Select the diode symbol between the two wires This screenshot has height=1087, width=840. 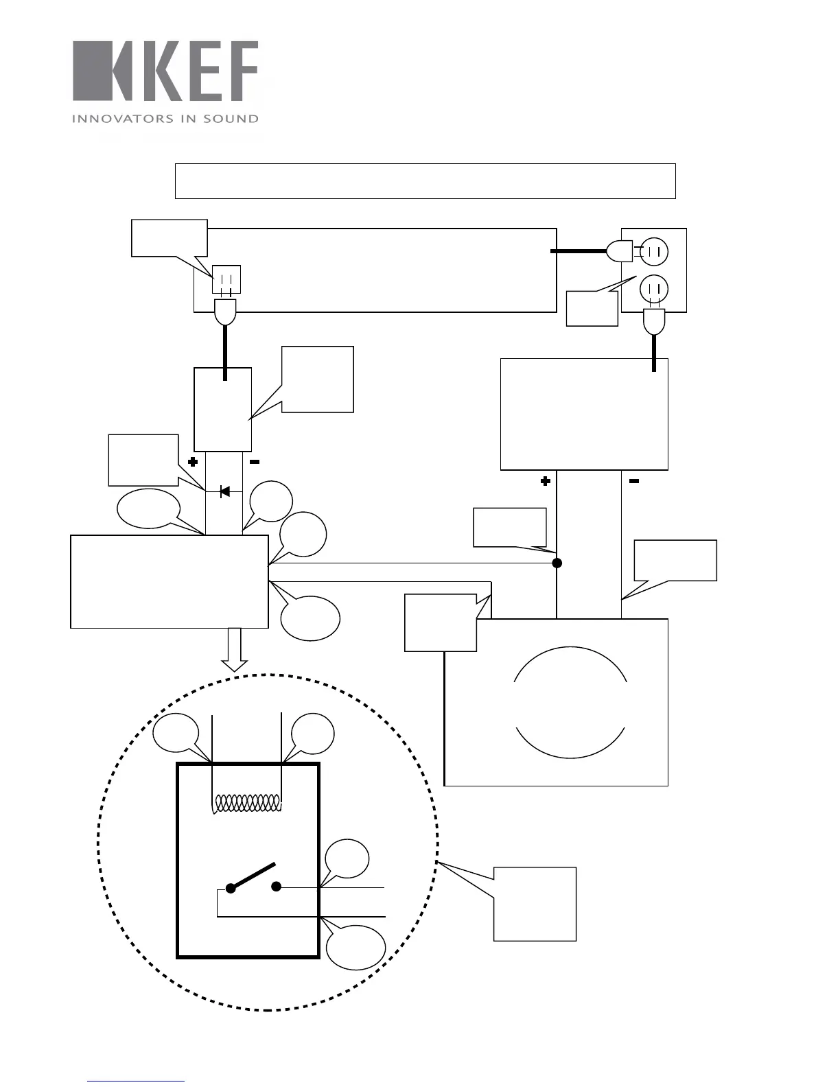tap(224, 491)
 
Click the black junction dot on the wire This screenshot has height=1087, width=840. tap(557, 563)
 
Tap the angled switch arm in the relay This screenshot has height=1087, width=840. tap(253, 876)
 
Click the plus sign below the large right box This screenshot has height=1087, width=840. tap(546, 482)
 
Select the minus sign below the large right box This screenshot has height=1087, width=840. tap(634, 482)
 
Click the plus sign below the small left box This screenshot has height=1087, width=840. tap(193, 463)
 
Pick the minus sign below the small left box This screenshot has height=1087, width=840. tap(254, 463)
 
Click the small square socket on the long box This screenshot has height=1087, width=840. tap(226, 279)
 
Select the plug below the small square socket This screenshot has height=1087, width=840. tap(225, 312)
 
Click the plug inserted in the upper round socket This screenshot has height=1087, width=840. tap(620, 251)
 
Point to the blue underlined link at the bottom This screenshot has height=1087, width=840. tap(136, 1082)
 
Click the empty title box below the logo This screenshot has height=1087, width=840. tap(425, 181)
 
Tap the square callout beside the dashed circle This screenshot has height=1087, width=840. tap(535, 904)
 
